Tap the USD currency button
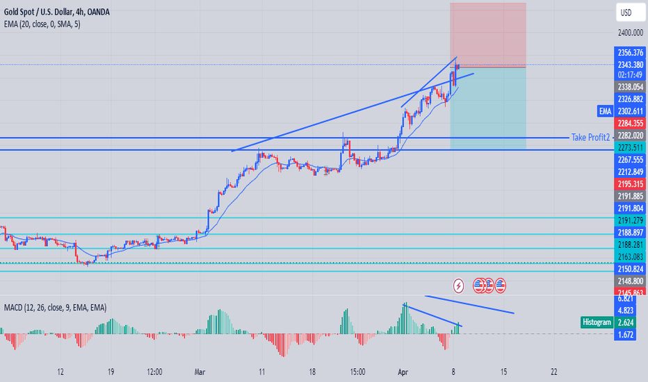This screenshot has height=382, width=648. [626, 13]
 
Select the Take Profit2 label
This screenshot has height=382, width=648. [590, 137]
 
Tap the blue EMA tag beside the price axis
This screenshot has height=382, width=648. [604, 111]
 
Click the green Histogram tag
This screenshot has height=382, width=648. [597, 322]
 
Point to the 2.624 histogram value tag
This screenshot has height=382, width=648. [627, 322]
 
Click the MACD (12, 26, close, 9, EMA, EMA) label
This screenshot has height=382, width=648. [56, 307]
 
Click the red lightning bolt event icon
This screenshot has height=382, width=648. [459, 285]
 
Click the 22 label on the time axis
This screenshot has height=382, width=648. [553, 372]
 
